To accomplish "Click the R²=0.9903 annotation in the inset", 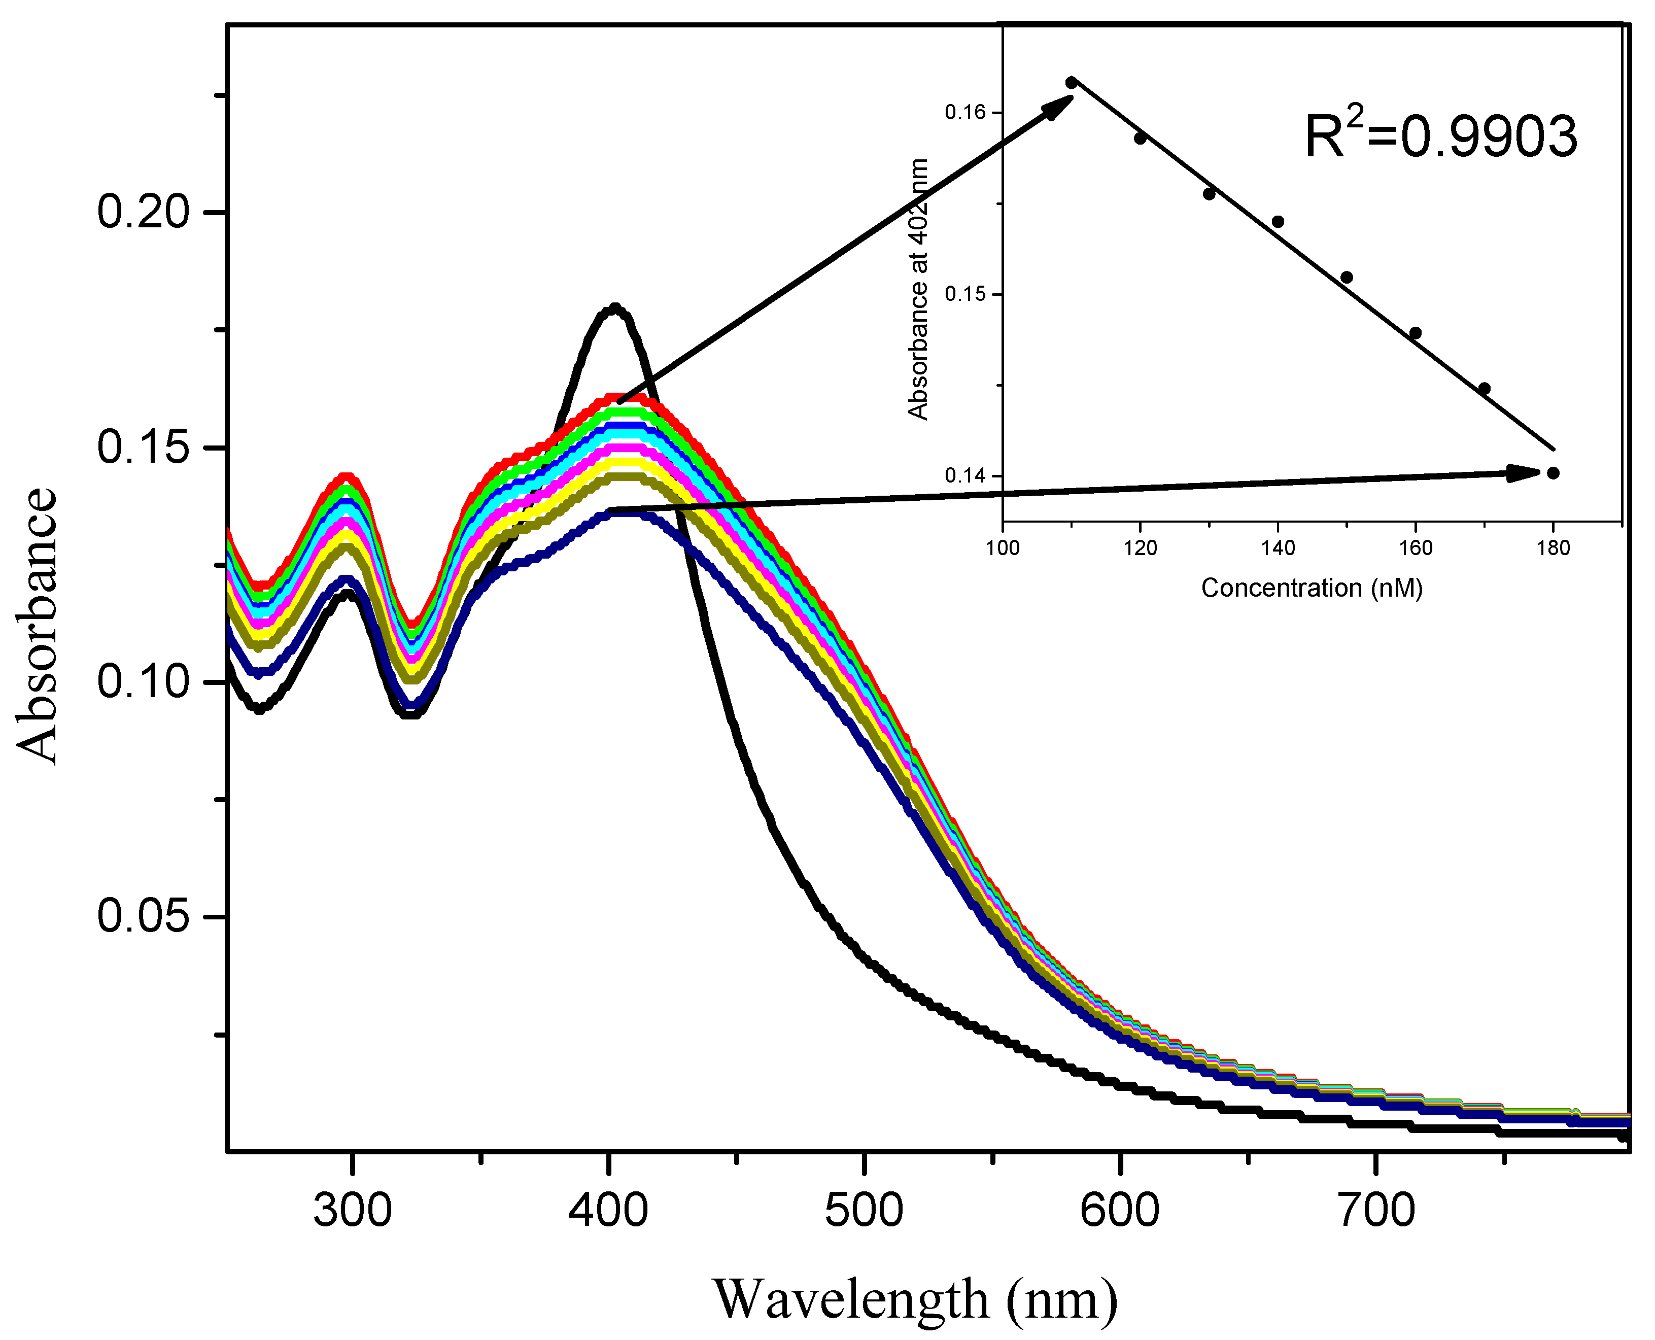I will tap(1440, 136).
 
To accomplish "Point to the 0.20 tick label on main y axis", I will tap(143, 212).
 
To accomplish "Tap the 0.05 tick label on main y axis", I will tap(143, 916).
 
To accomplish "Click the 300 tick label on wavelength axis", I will tap(352, 1210).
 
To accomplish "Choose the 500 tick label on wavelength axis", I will tap(864, 1210).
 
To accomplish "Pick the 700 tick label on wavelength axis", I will tap(1376, 1210).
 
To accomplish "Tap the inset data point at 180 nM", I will tap(1553, 473).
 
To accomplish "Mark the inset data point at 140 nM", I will tap(1278, 222).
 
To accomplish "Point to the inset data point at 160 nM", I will tap(1415, 333).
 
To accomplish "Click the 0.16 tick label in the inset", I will tap(965, 113).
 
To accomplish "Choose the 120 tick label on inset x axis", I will tap(1140, 548).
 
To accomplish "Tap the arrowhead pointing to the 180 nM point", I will tap(1525, 473).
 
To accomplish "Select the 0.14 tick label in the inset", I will tap(965, 475).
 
